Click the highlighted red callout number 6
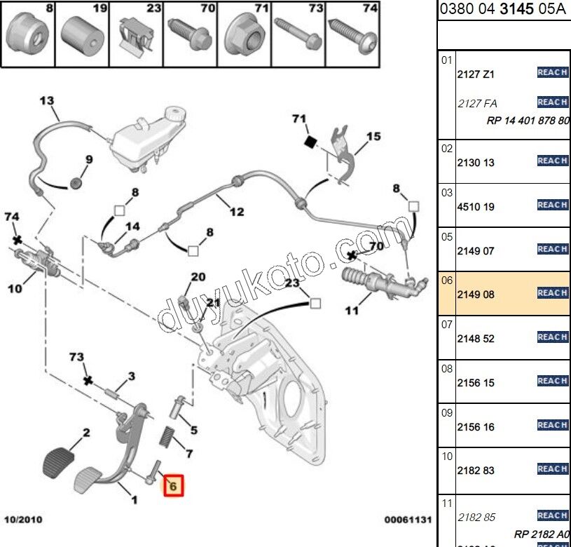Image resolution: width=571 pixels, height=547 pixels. point(172,485)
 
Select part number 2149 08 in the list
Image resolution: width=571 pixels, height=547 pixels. point(476,295)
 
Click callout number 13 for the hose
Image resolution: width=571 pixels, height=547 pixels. point(46,101)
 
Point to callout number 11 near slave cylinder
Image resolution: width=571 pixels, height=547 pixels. point(352,310)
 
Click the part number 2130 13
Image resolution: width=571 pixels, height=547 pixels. point(476,163)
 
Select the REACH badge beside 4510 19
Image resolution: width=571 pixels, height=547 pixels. point(552,205)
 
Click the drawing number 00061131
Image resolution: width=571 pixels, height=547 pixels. point(406,520)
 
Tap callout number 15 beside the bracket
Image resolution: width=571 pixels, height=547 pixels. point(373,136)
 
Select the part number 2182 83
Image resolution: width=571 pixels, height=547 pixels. point(476,471)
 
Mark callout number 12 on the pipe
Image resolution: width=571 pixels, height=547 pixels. point(237,210)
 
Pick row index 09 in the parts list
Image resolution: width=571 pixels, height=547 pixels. point(447,413)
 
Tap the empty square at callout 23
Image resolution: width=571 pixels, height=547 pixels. point(315,304)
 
